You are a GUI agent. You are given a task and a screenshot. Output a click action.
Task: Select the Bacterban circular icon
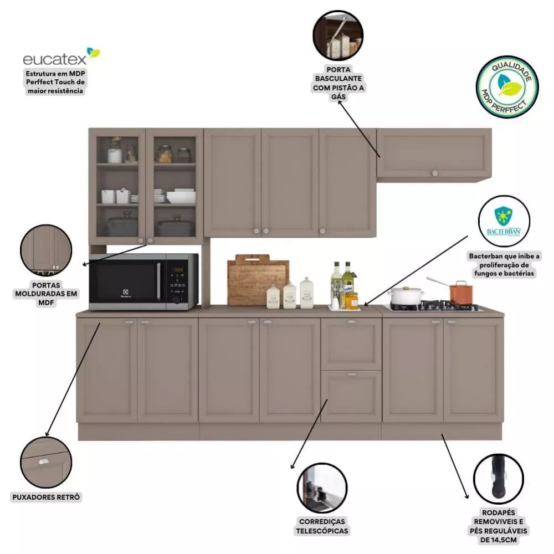[x=504, y=220]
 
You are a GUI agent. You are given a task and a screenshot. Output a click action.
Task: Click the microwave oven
[x=143, y=281]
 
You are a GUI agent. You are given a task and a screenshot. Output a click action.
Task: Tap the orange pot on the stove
[x=460, y=292]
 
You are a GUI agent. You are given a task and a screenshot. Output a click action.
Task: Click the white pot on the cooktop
[x=406, y=296]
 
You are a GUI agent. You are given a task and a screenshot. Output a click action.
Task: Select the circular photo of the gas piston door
[x=338, y=35]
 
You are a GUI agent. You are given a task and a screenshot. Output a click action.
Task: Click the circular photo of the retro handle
[x=46, y=461]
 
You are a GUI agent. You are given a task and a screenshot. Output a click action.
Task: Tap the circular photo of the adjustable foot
[x=499, y=479]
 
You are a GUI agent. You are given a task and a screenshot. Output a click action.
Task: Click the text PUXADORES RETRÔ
[x=47, y=497]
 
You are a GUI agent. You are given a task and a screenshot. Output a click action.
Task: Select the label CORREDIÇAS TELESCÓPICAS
[x=323, y=526]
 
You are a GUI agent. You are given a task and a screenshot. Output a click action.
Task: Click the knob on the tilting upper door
[x=434, y=173]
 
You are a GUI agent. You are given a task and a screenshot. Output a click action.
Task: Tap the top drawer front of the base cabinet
[x=351, y=344]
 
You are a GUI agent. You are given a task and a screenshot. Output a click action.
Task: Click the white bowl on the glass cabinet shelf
[x=181, y=198]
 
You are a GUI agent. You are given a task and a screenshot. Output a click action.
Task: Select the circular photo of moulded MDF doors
[x=46, y=250]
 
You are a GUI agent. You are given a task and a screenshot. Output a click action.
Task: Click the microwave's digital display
[x=177, y=270]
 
